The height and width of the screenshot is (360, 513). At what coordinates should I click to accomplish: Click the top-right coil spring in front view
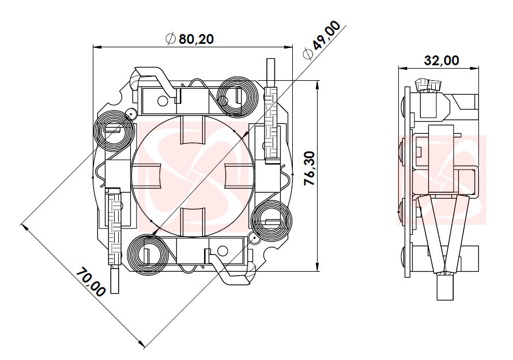coord(237,96)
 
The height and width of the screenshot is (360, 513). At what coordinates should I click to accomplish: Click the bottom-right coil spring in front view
coord(271,220)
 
